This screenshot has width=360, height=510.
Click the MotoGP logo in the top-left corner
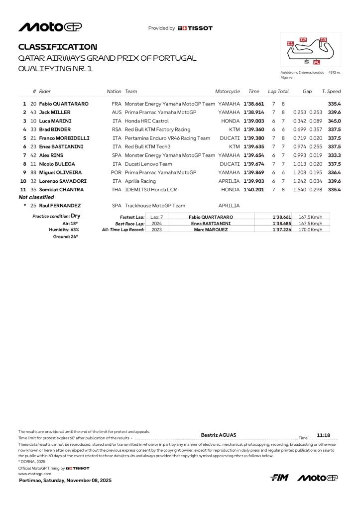pos(50,27)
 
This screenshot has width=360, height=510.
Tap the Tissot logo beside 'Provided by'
pos(195,28)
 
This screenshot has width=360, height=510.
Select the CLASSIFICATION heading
pos(58,47)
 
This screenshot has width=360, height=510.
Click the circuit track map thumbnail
pos(310,50)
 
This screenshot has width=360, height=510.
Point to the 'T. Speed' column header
pos(331,92)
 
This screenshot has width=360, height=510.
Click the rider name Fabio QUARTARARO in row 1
pos(64,104)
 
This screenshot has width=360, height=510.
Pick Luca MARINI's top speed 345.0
pos(334,121)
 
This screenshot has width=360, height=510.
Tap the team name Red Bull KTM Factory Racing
pos(157,129)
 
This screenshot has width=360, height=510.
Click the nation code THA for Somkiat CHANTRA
pos(117,190)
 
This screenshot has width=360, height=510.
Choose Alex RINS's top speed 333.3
pos(334,155)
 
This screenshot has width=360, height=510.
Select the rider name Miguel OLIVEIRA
pos(61,172)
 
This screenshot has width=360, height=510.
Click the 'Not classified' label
pos(36,198)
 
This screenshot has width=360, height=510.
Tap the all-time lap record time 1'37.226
pos(281,230)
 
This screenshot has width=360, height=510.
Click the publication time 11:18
pos(324,435)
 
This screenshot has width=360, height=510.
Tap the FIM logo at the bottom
pos(279,478)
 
